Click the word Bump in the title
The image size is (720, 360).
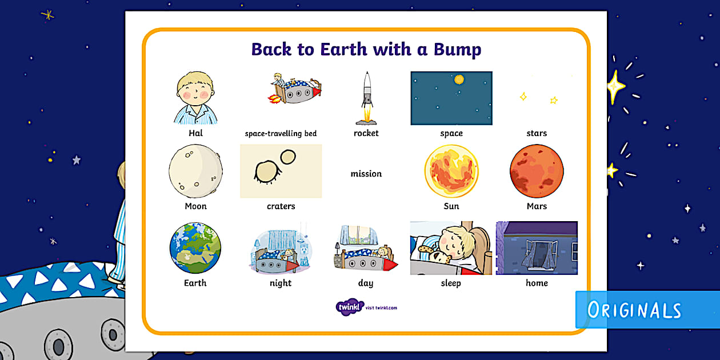pos(457,49)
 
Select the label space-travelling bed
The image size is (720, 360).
pos(281,134)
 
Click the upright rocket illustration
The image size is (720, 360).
pos(366,97)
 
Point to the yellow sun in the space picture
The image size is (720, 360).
pos(458,81)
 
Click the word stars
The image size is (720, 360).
pos(537,133)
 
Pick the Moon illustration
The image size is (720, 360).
pos(195,171)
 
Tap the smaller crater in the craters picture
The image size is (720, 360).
pos(288,157)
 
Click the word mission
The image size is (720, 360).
pos(366,174)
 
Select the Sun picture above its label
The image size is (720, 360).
pos(451,171)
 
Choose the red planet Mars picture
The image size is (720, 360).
pos(537,171)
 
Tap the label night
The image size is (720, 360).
pos(281,283)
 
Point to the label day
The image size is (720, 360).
pos(366,283)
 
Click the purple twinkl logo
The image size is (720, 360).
pos(350,307)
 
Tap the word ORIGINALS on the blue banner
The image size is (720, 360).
pos(634,310)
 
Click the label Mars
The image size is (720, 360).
pos(537,206)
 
